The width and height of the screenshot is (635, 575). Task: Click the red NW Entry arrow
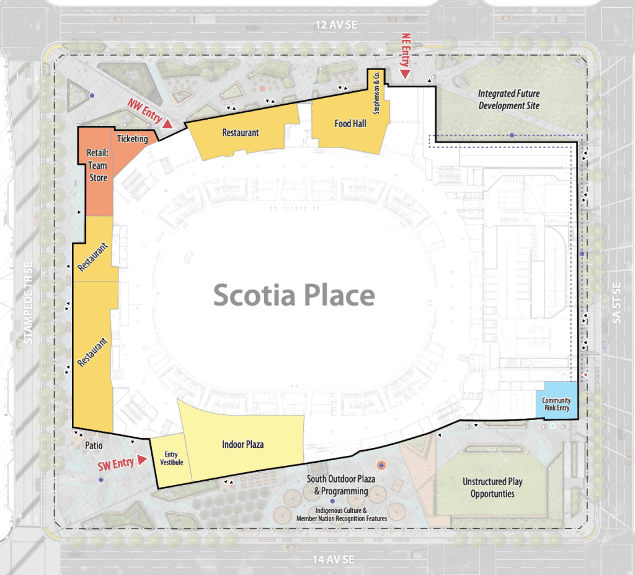167,123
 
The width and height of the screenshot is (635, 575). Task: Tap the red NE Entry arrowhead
405,74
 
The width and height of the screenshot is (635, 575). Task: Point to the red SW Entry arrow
142,460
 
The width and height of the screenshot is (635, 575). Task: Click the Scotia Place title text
294,295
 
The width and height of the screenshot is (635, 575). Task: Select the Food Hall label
350,123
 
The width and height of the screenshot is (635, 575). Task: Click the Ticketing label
133,138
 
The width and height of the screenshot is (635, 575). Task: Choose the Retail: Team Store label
98,165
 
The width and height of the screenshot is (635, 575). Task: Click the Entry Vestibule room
171,460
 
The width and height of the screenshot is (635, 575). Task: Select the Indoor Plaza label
242,445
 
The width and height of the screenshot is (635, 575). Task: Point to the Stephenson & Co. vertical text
376,93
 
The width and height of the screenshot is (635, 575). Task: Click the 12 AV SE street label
336,25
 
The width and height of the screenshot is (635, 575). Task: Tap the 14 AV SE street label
333,559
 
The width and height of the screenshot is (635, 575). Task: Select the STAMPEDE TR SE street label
27,303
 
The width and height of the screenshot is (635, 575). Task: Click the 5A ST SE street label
616,303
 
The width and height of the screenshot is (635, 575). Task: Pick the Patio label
94,445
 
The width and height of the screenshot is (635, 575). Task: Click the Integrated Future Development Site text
508,99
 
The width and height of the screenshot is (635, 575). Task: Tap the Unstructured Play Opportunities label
492,488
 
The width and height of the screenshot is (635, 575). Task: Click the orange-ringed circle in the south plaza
381,465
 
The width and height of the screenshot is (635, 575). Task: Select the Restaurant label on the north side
241,133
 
